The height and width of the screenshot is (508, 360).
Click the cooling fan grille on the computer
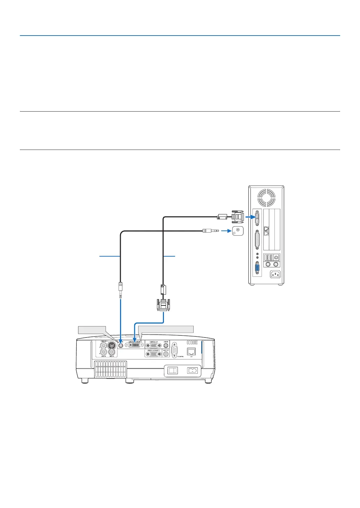point(266,197)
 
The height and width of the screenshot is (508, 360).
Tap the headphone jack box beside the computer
point(238,231)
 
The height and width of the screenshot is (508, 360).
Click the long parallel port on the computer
point(257,240)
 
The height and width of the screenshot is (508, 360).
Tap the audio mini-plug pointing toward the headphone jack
point(210,230)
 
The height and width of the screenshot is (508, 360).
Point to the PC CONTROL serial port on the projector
point(174,350)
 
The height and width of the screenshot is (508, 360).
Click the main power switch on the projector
point(173,371)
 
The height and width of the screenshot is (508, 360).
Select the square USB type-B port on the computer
point(276,257)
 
